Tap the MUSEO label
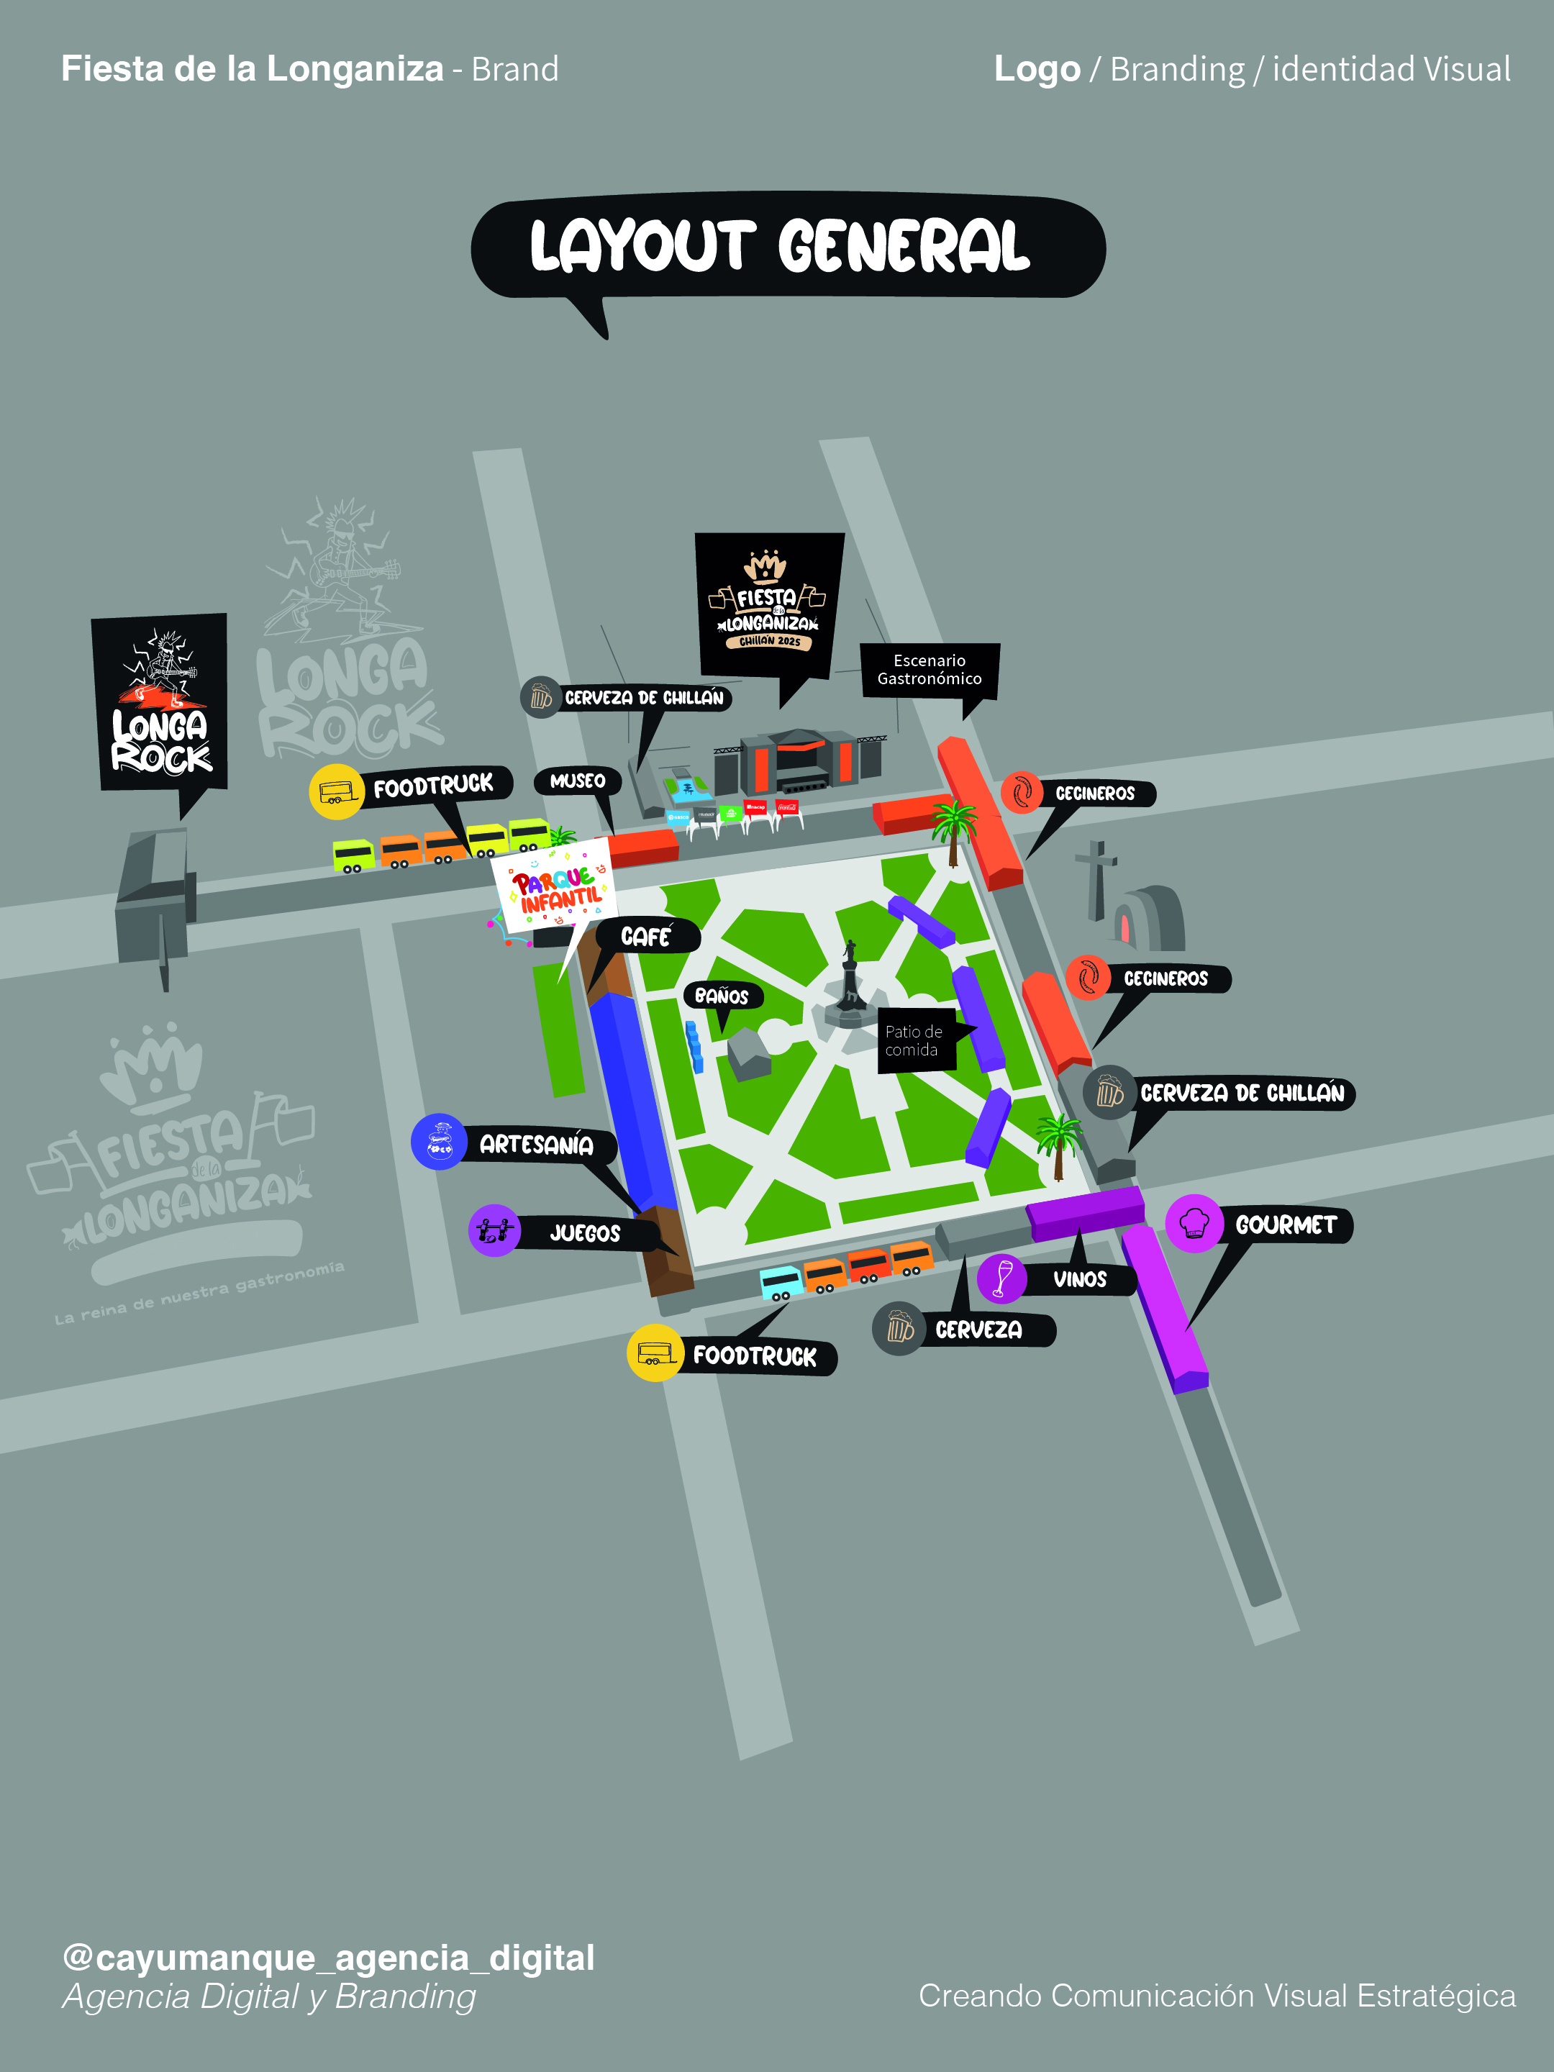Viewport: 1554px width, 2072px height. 577,781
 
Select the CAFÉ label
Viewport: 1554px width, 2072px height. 646,937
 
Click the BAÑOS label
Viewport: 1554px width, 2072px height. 722,996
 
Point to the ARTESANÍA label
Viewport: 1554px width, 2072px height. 536,1145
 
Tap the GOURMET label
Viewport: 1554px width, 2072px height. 1285,1225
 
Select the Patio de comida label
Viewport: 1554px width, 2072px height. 915,1040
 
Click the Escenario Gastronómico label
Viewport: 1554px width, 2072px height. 930,670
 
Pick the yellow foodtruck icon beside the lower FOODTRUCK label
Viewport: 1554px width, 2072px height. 655,1353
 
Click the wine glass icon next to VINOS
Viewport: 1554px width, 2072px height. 1002,1278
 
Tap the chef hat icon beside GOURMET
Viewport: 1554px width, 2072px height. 1194,1223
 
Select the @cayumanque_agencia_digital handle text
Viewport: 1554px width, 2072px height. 328,1957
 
